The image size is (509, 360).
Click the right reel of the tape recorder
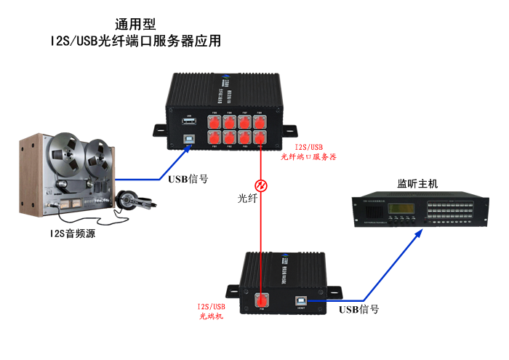point(97,153)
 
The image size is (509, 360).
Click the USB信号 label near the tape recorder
point(188,180)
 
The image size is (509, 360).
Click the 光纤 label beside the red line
point(247,198)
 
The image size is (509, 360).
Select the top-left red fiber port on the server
point(215,121)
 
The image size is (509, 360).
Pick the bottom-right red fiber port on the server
point(260,137)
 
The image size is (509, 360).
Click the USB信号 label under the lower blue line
point(359,309)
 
